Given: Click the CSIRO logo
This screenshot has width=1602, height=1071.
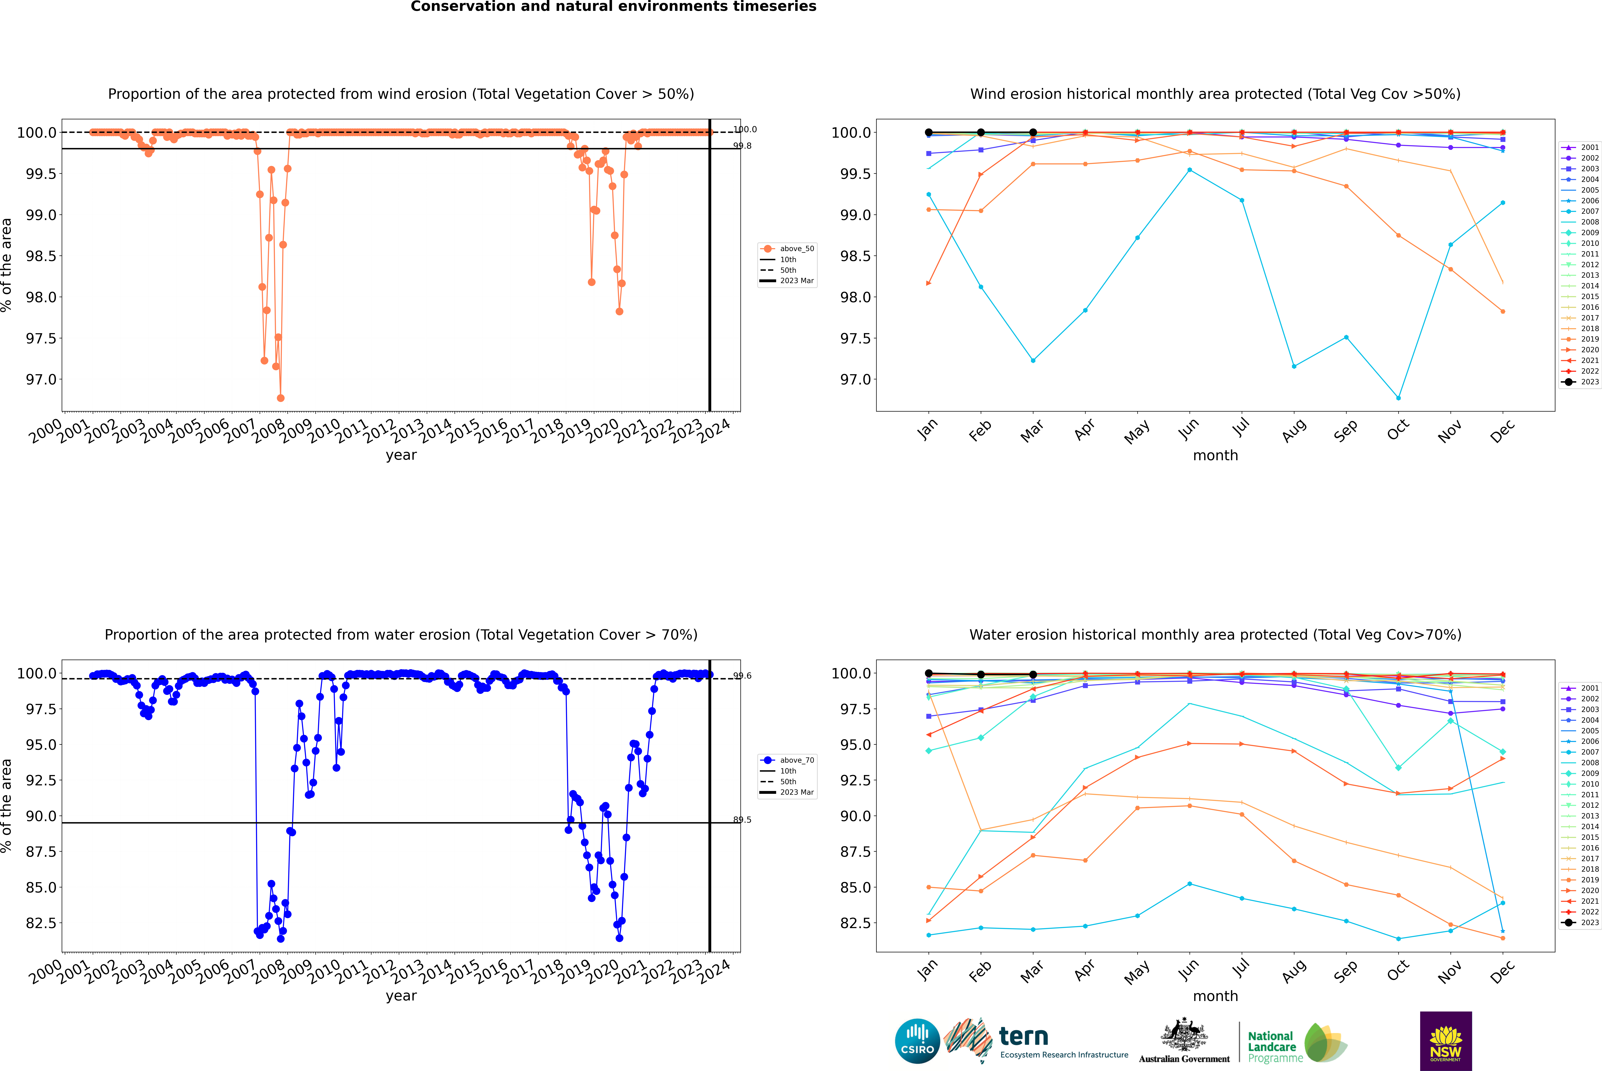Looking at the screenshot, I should pos(917,1041).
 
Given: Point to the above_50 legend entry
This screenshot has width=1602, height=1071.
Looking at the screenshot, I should pos(796,249).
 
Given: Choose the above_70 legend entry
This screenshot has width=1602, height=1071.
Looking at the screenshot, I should pos(796,760).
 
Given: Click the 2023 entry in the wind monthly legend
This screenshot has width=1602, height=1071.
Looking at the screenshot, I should pos(1589,382).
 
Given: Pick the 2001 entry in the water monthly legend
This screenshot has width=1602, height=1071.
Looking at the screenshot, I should pos(1589,688).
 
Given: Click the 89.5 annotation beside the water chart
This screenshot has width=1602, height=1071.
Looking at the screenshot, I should pos(742,820).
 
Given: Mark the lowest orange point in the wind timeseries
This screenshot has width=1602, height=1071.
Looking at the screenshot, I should pos(281,398).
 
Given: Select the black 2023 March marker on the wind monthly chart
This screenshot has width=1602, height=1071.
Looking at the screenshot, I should pos(1032,133).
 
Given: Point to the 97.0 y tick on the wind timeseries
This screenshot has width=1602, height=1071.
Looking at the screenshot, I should pos(41,380).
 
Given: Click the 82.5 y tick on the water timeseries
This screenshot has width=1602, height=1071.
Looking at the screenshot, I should pos(41,923).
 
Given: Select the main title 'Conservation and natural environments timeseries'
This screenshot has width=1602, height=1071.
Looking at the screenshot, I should pos(613,7).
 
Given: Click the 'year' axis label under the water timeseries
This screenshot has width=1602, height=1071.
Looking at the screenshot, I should pos(401,996).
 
